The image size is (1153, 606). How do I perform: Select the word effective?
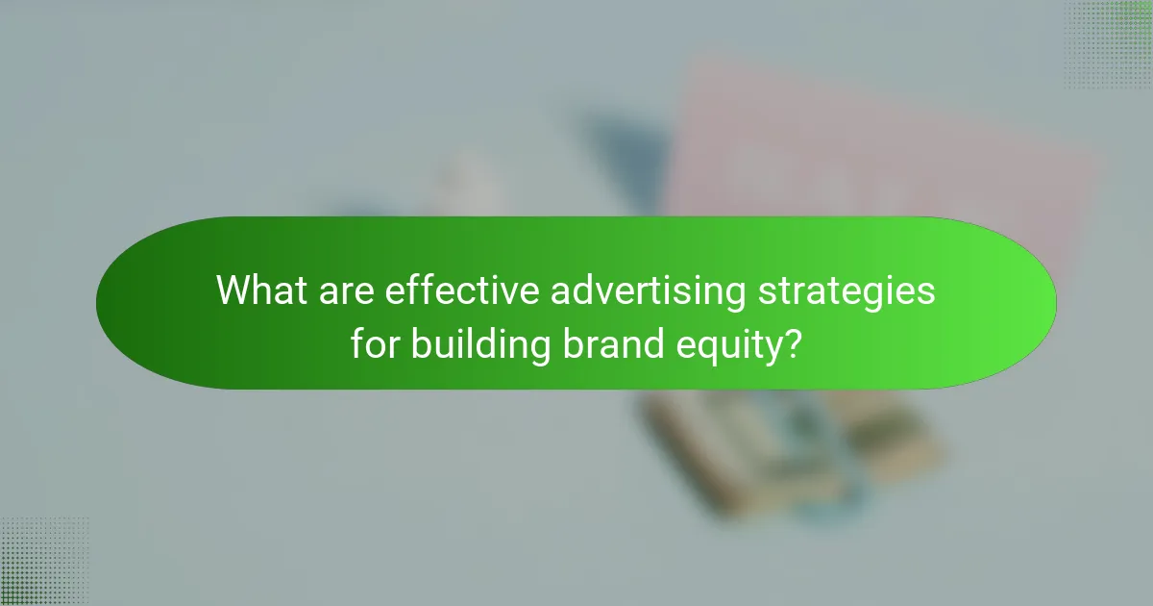(x=461, y=290)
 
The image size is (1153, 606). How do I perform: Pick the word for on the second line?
(x=377, y=342)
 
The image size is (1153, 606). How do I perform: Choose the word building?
(x=480, y=344)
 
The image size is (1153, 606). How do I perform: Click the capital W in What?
(x=235, y=290)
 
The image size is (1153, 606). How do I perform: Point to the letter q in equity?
(x=716, y=348)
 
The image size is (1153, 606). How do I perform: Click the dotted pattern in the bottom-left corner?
(x=44, y=562)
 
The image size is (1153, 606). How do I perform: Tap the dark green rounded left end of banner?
(x=135, y=303)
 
